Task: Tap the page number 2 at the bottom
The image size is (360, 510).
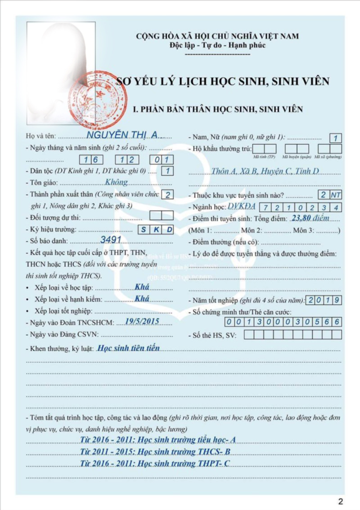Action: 341,501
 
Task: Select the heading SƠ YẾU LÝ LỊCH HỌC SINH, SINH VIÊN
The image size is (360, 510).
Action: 223,81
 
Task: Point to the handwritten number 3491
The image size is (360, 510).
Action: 111,240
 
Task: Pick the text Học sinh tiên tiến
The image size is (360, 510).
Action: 128,348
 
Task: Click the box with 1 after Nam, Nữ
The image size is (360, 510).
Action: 336,138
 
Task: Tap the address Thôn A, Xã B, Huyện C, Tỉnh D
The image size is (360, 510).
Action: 265,171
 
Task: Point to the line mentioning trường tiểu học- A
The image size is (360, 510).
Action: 157,439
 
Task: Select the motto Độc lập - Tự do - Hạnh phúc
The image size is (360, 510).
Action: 218,45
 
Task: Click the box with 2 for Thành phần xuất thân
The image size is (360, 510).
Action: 168,195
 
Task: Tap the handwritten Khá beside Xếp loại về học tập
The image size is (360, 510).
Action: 142,287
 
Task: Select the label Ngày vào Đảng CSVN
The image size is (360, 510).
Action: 62,334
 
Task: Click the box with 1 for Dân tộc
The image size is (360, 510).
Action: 168,171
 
